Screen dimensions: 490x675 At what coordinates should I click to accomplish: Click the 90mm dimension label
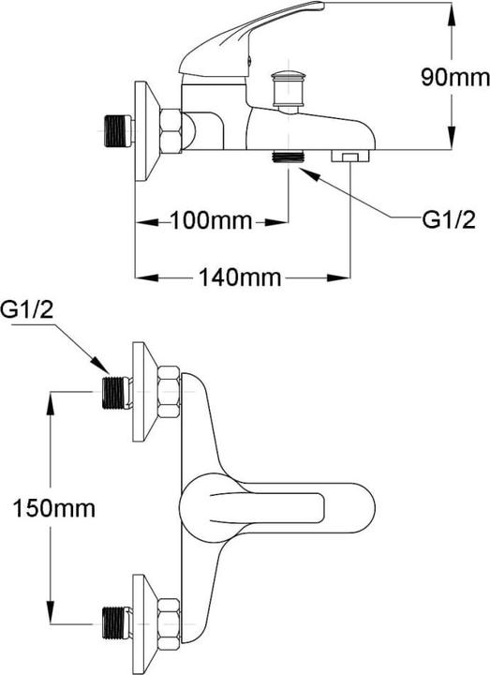(455, 78)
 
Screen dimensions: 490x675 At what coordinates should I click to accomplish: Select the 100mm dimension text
(211, 221)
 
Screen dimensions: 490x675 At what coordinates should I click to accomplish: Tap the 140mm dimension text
(240, 277)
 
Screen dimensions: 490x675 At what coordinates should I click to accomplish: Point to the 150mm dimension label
(53, 508)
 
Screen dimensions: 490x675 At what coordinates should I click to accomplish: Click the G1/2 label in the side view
(449, 220)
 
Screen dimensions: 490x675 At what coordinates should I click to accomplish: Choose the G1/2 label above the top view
(27, 309)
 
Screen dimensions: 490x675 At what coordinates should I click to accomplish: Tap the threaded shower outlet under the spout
(289, 156)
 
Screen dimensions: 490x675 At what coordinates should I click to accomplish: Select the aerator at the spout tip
(350, 156)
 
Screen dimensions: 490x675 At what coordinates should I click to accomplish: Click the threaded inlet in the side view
(117, 130)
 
